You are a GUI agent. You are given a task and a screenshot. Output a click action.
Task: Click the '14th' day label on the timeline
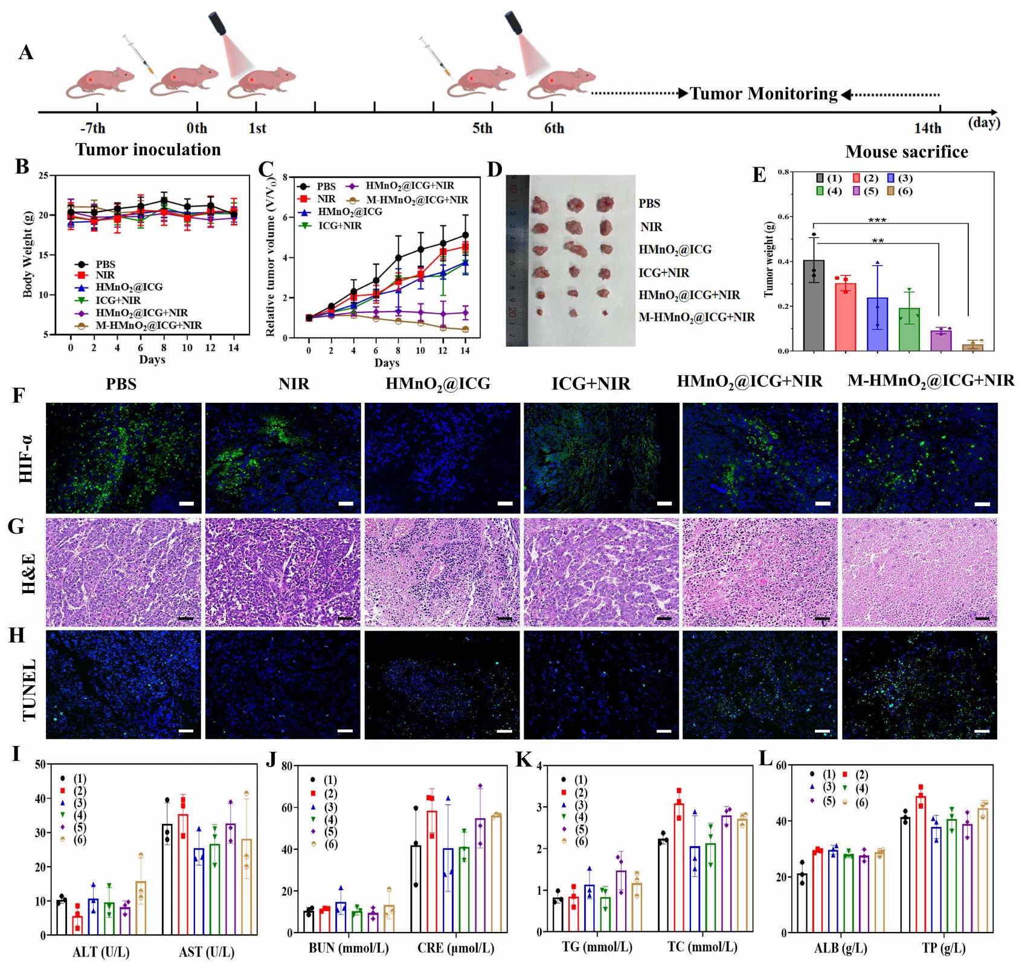(x=927, y=128)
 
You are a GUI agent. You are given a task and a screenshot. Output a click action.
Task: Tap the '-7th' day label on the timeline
(x=92, y=128)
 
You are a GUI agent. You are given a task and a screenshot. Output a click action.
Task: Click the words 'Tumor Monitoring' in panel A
(x=763, y=94)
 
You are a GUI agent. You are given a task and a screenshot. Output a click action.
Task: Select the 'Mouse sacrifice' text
(x=906, y=152)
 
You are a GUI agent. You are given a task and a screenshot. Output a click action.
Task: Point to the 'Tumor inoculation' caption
(x=148, y=149)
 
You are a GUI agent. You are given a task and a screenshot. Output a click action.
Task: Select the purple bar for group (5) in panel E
(x=940, y=341)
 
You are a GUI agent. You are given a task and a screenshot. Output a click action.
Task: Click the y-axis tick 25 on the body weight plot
(x=42, y=176)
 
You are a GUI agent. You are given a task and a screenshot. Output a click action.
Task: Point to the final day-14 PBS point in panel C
(x=465, y=235)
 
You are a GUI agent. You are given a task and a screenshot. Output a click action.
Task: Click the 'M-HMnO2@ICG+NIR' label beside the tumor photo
(x=696, y=317)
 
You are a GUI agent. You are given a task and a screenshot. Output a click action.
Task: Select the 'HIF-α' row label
(x=27, y=458)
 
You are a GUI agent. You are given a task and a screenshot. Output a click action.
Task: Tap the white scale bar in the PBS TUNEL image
(x=187, y=731)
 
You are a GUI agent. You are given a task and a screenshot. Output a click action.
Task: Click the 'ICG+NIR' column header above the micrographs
(x=591, y=384)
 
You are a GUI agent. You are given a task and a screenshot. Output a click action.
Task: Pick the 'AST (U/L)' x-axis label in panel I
(x=207, y=952)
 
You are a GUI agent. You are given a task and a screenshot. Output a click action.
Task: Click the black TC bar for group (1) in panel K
(x=662, y=886)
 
